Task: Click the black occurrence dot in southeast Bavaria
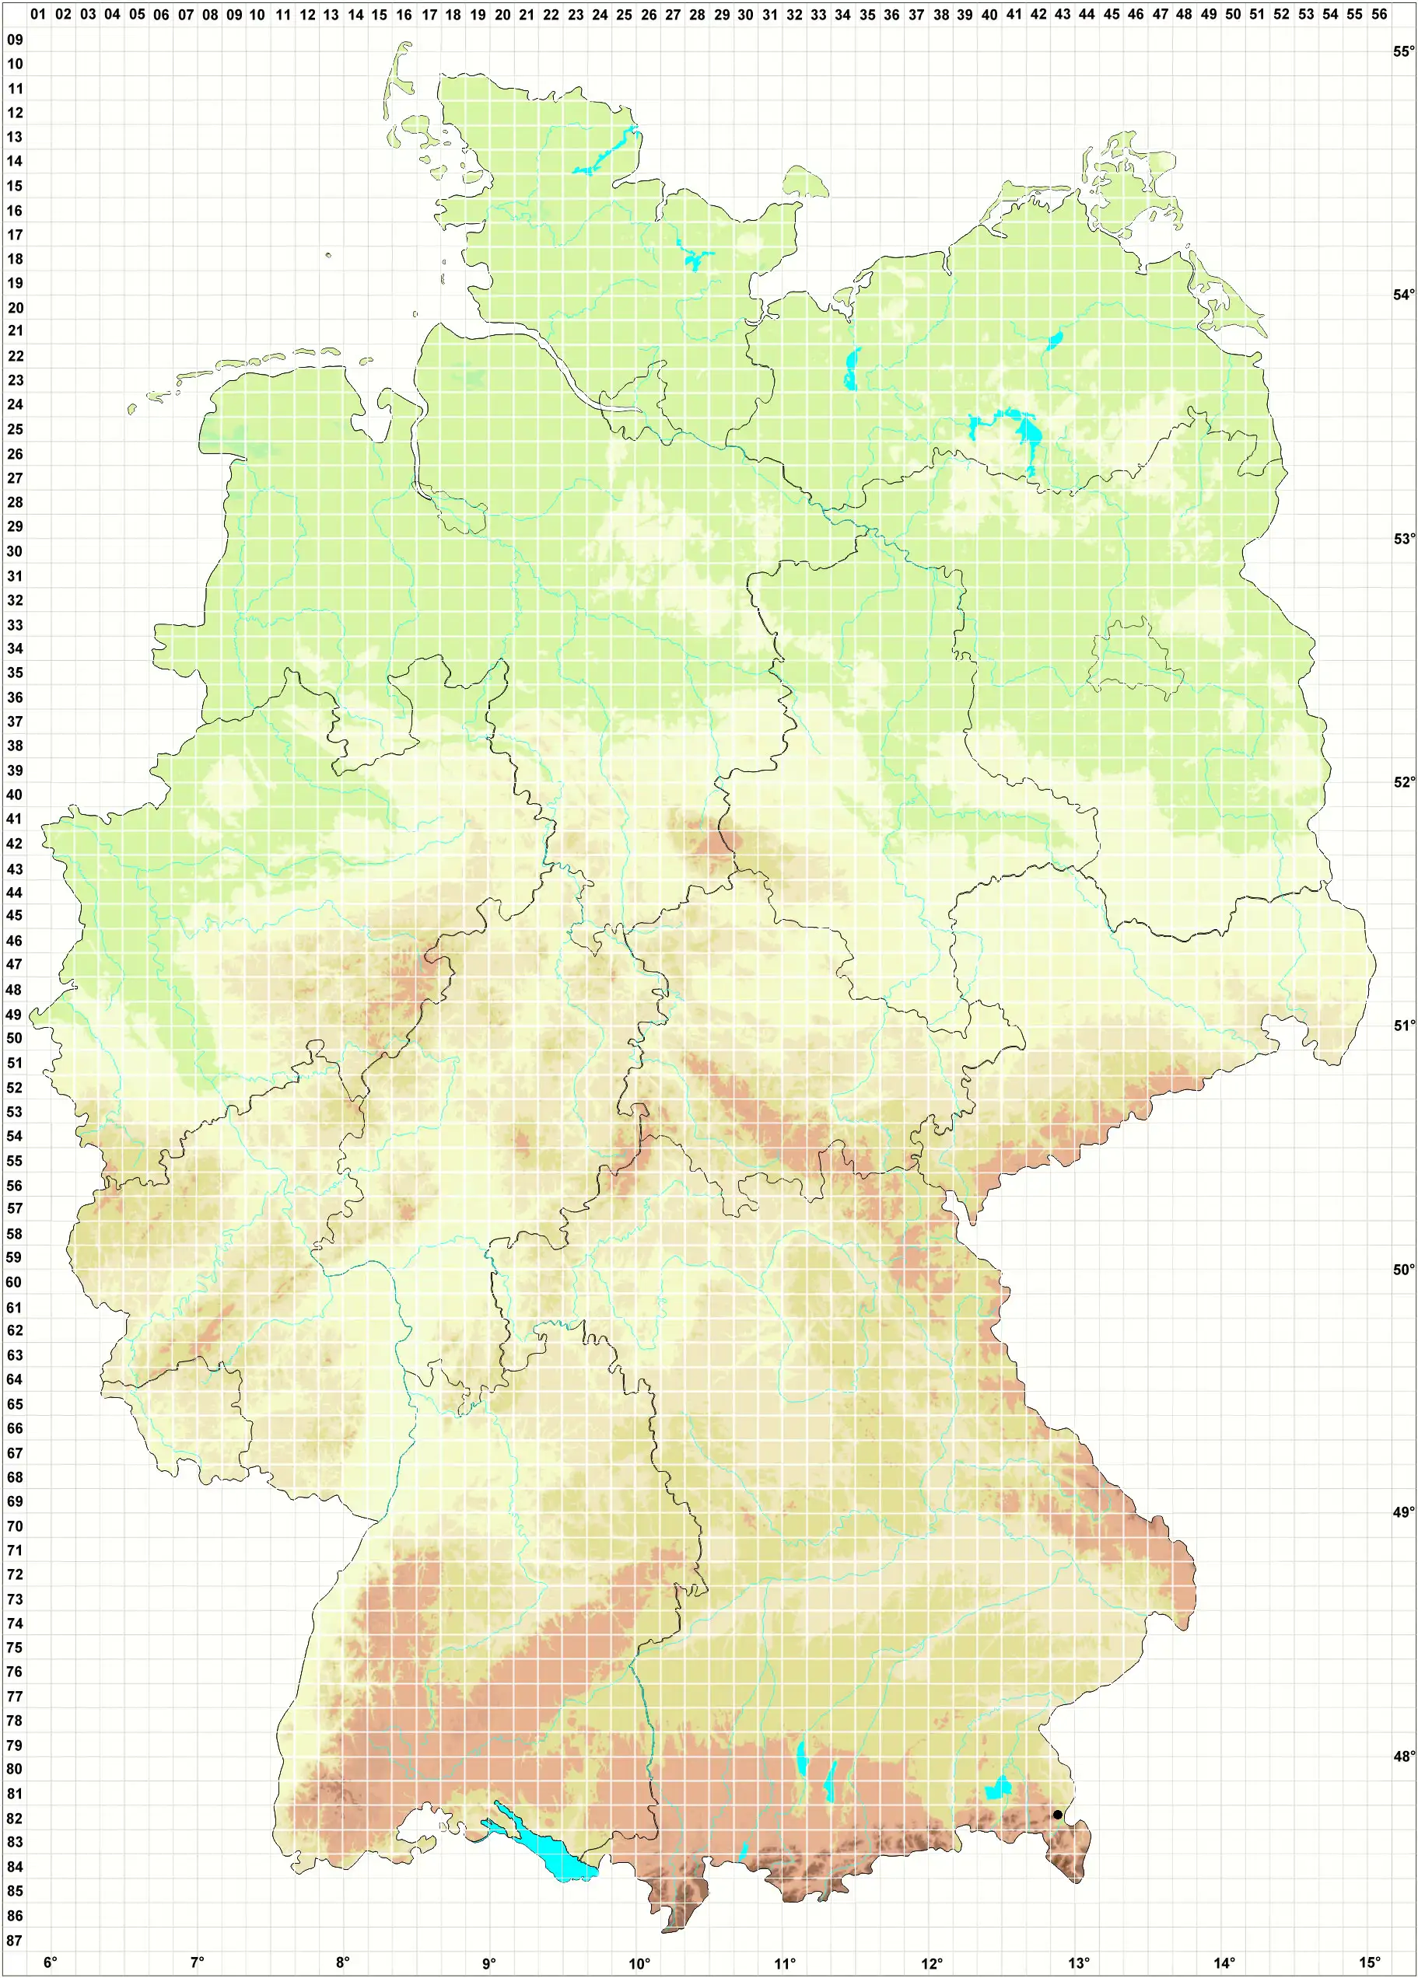point(1057,1814)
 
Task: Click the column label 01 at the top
point(37,15)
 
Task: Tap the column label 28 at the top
point(696,15)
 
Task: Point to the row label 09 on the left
point(15,39)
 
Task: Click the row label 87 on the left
point(15,1941)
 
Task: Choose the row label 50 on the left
point(15,1038)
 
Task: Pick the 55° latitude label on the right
point(1403,51)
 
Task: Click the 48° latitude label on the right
point(1403,1756)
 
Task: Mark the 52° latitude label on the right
point(1403,782)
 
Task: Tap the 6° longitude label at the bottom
point(51,1963)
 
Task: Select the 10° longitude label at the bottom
point(639,1963)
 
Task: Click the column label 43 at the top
point(1062,15)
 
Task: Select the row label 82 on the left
point(15,1819)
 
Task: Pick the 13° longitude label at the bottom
point(1080,1963)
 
